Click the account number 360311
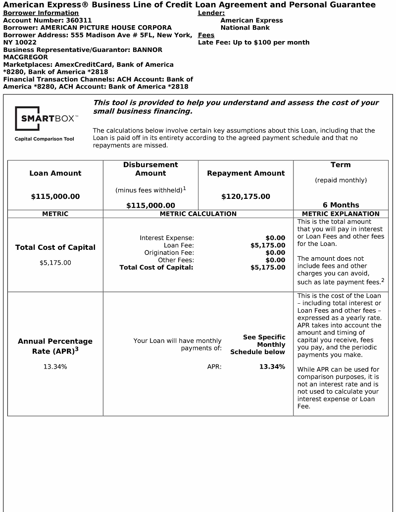coord(79,20)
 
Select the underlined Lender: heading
coord(211,13)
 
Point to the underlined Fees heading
coord(206,35)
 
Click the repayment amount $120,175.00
coord(246,196)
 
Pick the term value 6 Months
coord(341,205)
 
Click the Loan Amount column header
coord(55,173)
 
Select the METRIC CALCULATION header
coord(198,214)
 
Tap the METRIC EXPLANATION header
coord(341,214)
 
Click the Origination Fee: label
coord(169,253)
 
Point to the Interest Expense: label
coord(167,238)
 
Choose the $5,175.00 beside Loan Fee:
coord(268,245)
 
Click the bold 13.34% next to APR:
coord(272,367)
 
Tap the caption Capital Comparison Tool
coord(45,139)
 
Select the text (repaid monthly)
coord(341,180)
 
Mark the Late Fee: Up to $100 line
coord(253,43)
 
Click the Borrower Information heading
coord(41,13)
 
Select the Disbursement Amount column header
coord(150,169)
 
